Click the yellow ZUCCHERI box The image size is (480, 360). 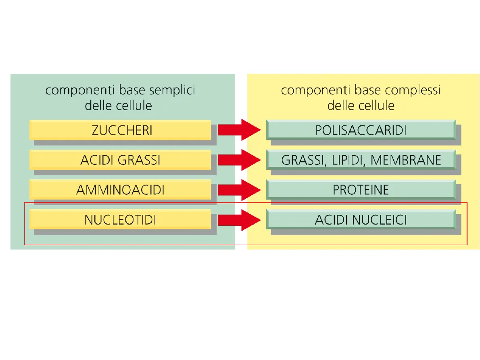pyautogui.click(x=120, y=130)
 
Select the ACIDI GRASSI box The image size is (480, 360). pyautogui.click(x=120, y=160)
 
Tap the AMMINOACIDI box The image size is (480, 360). pyautogui.click(x=120, y=189)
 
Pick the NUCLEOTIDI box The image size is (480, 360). pyautogui.click(x=120, y=220)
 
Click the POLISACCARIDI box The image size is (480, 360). pyautogui.click(x=361, y=130)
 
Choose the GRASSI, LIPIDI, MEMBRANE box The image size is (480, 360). pyautogui.click(x=361, y=160)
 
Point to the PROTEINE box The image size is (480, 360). pyautogui.click(x=361, y=189)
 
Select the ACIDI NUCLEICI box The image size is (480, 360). pyautogui.click(x=361, y=220)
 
